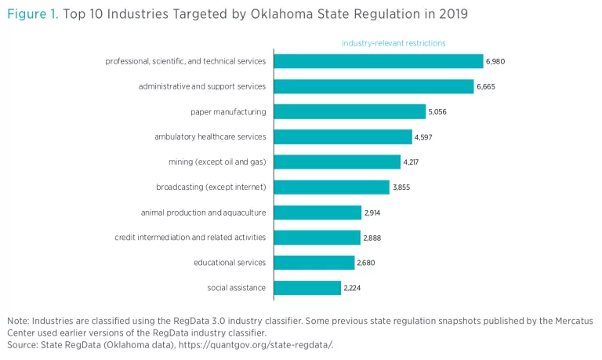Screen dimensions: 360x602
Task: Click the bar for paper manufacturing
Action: tap(350, 111)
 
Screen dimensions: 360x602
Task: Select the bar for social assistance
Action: tap(307, 288)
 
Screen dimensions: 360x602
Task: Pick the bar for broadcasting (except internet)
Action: tap(332, 187)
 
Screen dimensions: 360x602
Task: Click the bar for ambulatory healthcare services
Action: tap(343, 136)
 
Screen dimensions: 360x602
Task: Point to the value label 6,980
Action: tap(496, 61)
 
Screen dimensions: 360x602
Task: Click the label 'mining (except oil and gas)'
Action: tap(217, 162)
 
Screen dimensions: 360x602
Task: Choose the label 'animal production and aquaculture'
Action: tap(203, 213)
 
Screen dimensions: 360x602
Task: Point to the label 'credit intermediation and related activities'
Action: tap(190, 238)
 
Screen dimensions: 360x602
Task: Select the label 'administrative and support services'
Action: tap(202, 86)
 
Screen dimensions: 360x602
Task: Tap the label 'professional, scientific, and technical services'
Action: tap(186, 61)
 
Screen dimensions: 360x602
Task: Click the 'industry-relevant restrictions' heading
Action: tap(393, 43)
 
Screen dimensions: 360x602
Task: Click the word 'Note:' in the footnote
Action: tap(18, 321)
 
